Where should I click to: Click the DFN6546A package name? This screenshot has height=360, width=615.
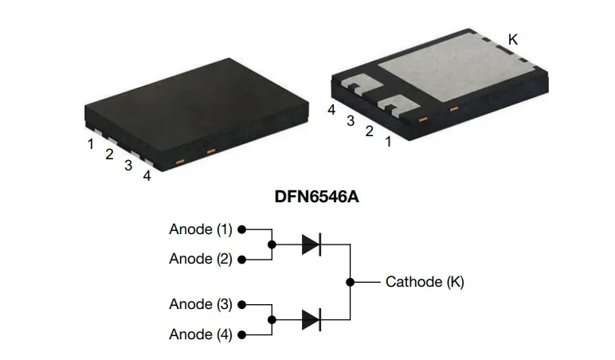click(307, 197)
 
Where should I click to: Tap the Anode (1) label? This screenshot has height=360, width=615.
click(201, 229)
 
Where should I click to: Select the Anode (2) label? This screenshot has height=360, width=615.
click(201, 259)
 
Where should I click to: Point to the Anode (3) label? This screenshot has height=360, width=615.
click(201, 305)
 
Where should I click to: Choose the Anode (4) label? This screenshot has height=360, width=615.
click(201, 335)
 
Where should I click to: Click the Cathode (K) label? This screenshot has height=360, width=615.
click(425, 282)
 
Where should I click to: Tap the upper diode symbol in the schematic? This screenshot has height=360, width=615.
click(311, 245)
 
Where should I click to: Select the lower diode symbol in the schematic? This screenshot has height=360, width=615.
click(311, 320)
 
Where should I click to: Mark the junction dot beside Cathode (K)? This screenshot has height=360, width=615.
click(350, 282)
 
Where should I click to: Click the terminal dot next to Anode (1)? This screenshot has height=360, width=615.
click(241, 229)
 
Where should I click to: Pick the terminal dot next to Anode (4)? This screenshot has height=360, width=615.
click(241, 335)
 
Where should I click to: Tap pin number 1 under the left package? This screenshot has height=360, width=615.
click(92, 143)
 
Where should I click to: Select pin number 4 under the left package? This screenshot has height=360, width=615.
click(147, 176)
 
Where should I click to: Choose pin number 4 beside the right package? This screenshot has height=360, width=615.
click(331, 110)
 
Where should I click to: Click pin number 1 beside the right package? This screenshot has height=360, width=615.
click(388, 143)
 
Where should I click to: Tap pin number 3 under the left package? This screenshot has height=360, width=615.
click(127, 166)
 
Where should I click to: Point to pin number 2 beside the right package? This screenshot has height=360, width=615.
click(369, 131)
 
